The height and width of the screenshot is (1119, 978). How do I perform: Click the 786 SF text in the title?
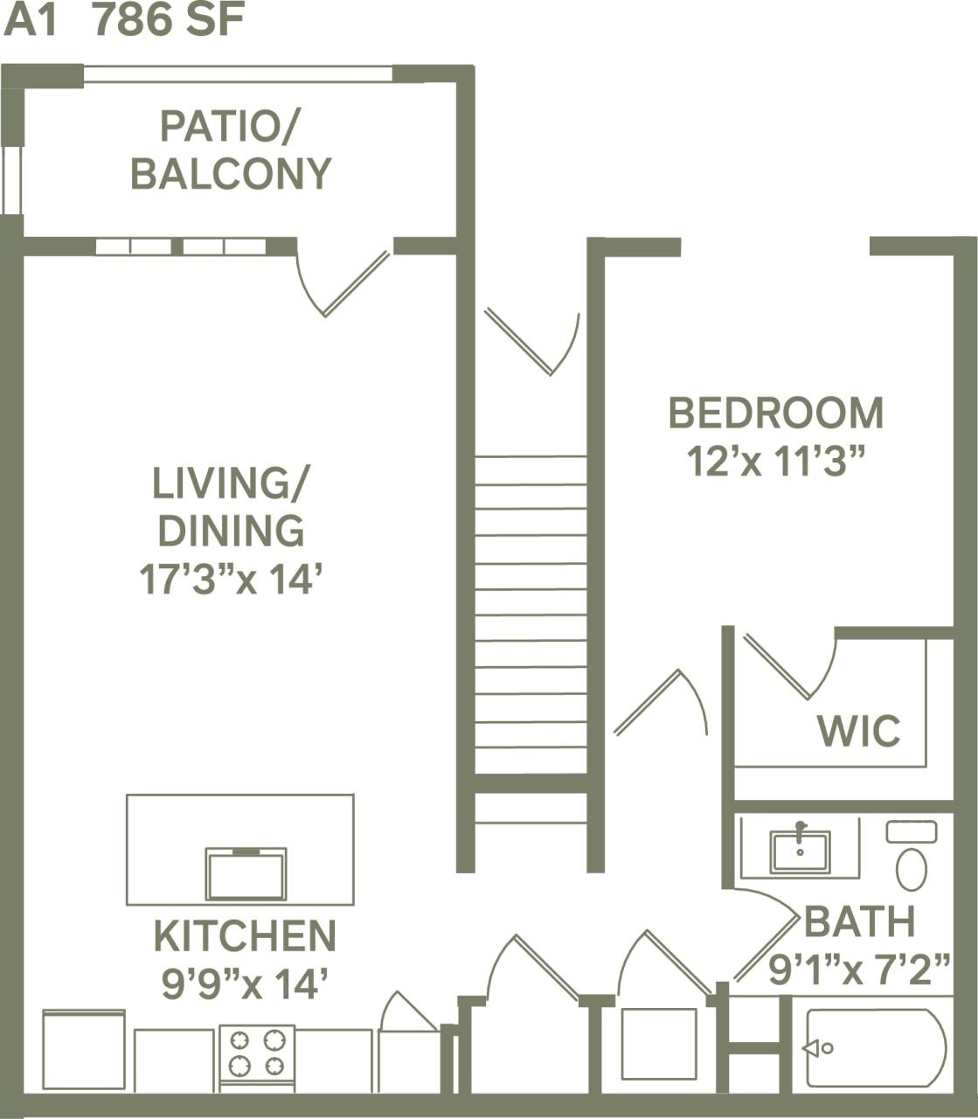tap(169, 21)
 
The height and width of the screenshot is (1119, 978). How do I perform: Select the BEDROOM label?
tap(775, 413)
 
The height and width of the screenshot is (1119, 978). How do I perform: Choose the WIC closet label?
tap(858, 731)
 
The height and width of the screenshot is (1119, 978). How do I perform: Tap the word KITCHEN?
tap(245, 936)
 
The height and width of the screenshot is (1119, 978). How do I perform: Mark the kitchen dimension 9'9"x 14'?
tap(245, 985)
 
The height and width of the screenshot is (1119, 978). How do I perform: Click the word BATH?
tap(859, 921)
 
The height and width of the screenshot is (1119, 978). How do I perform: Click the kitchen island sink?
tap(246, 874)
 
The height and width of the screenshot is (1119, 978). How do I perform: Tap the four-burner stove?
tap(257, 1054)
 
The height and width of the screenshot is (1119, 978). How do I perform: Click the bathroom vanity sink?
tap(800, 851)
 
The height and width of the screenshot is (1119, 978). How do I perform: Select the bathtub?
tap(875, 1047)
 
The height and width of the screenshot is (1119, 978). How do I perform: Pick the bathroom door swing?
tap(765, 935)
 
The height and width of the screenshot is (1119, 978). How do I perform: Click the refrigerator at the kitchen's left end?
tap(84, 1049)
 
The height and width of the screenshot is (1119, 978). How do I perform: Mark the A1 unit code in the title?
tap(31, 21)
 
